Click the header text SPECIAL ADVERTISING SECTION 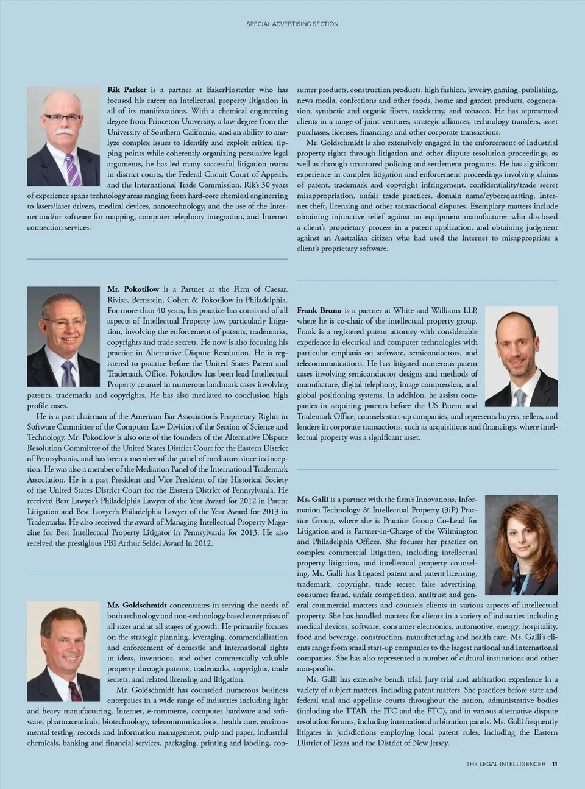coord(292,24)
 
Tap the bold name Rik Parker coord(127,90)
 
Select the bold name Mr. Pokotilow coord(133,289)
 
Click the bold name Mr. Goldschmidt coord(136,605)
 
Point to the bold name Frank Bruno coord(319,310)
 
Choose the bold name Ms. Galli coord(312,499)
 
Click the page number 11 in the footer coord(554,764)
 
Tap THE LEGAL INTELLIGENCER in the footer coord(505,764)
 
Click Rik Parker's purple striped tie coord(73,170)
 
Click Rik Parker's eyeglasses coord(62,118)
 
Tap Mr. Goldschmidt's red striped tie coord(74,691)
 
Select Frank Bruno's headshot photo coord(521,356)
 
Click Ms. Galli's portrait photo coord(521,545)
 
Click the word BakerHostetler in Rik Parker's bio coord(230,90)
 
